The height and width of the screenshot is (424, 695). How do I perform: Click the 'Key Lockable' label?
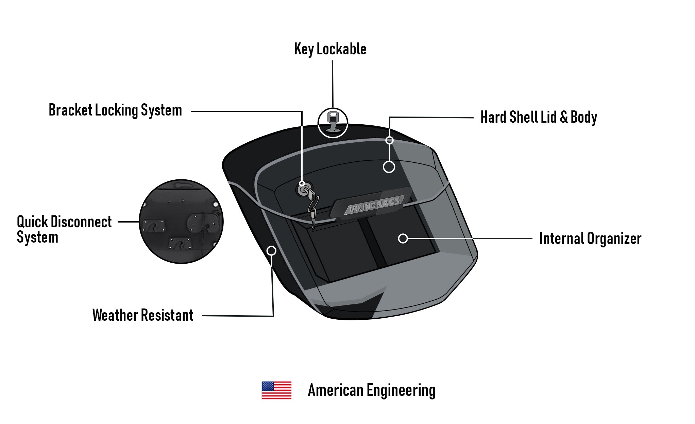(x=330, y=49)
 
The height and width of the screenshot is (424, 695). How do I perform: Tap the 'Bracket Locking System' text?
(x=115, y=110)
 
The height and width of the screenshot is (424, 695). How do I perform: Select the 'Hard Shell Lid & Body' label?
(x=538, y=117)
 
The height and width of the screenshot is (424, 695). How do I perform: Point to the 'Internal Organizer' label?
(x=590, y=238)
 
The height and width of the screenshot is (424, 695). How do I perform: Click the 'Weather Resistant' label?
(x=143, y=315)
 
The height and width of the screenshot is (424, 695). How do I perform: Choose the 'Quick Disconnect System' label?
(x=64, y=229)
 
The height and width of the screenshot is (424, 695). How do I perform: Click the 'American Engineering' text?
(x=371, y=390)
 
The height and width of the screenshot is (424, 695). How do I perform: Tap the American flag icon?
(x=276, y=390)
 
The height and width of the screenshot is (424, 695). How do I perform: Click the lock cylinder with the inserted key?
(x=302, y=190)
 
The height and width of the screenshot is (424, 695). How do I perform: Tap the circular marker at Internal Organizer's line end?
(x=403, y=238)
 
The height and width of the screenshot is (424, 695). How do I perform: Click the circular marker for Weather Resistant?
(x=271, y=251)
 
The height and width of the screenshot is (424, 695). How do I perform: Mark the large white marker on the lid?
(x=389, y=167)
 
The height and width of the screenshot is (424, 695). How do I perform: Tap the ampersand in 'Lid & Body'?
(x=564, y=117)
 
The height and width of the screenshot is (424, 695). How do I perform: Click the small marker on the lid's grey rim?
(x=390, y=140)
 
